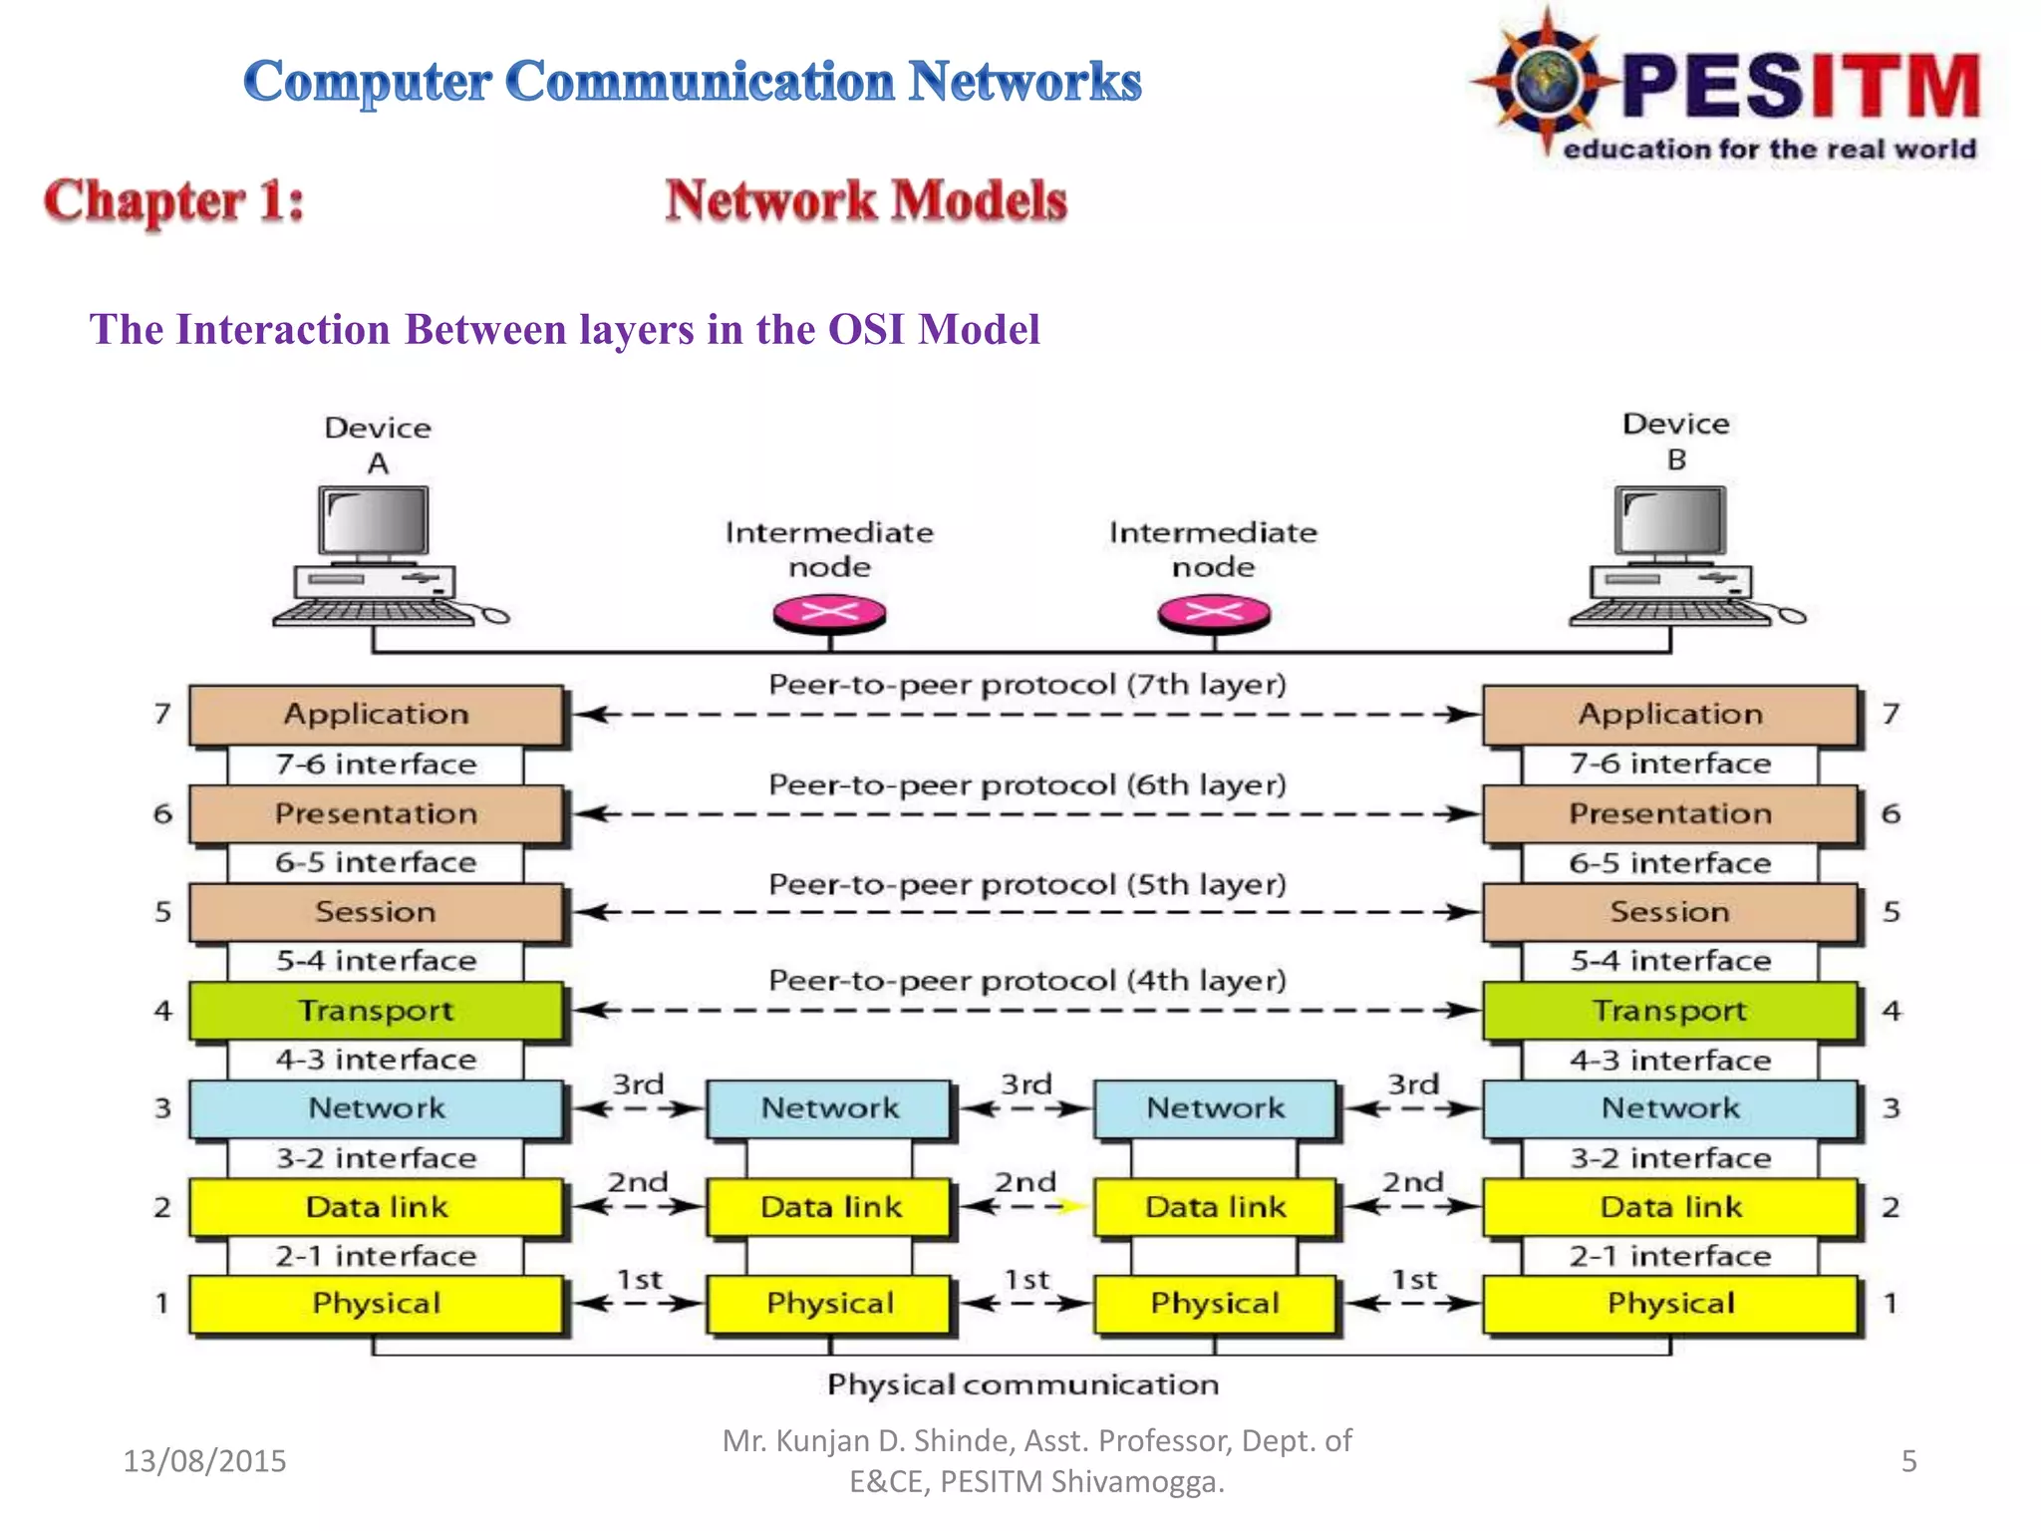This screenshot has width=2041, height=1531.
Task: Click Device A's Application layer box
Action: pyautogui.click(x=376, y=714)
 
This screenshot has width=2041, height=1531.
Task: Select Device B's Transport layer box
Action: pyautogui.click(x=1669, y=1011)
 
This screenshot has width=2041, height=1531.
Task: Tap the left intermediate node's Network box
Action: pyautogui.click(x=828, y=1108)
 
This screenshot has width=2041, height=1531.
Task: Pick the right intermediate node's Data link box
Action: pyautogui.click(x=1215, y=1207)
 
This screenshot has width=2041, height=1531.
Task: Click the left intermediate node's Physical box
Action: pyautogui.click(x=828, y=1304)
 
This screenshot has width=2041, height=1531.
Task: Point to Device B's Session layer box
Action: pyautogui.click(x=1669, y=912)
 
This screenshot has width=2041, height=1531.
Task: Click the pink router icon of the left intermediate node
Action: pyautogui.click(x=829, y=613)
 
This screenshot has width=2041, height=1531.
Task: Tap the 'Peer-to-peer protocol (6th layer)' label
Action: pyautogui.click(x=1026, y=785)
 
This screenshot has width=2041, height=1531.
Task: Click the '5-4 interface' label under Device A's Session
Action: pyautogui.click(x=376, y=961)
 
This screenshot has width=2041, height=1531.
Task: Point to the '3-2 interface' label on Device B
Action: pyautogui.click(x=1669, y=1158)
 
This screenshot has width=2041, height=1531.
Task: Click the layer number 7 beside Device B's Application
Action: pyautogui.click(x=1891, y=714)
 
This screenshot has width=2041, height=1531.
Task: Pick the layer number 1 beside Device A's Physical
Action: pyautogui.click(x=161, y=1304)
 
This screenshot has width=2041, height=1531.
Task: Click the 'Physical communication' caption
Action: pyautogui.click(x=1022, y=1384)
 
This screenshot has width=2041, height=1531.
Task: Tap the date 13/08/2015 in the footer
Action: pyautogui.click(x=204, y=1461)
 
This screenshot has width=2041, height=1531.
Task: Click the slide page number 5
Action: pyautogui.click(x=1908, y=1461)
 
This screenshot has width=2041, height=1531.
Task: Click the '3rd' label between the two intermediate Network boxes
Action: pyautogui.click(x=1025, y=1083)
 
